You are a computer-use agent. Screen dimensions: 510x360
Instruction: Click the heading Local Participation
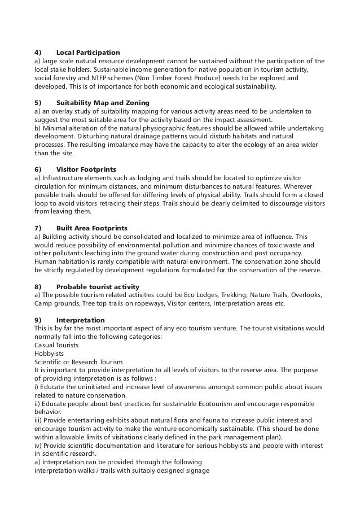point(88,53)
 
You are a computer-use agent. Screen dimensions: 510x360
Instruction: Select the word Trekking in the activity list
point(237,295)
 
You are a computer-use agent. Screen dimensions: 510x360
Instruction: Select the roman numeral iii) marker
point(39,420)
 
